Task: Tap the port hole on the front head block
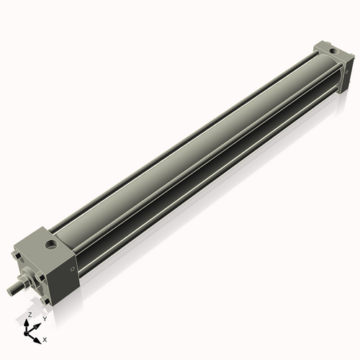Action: click(x=52, y=247)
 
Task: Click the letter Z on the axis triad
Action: click(x=30, y=315)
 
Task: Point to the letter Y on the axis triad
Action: click(x=44, y=318)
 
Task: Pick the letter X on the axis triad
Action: click(x=45, y=338)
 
